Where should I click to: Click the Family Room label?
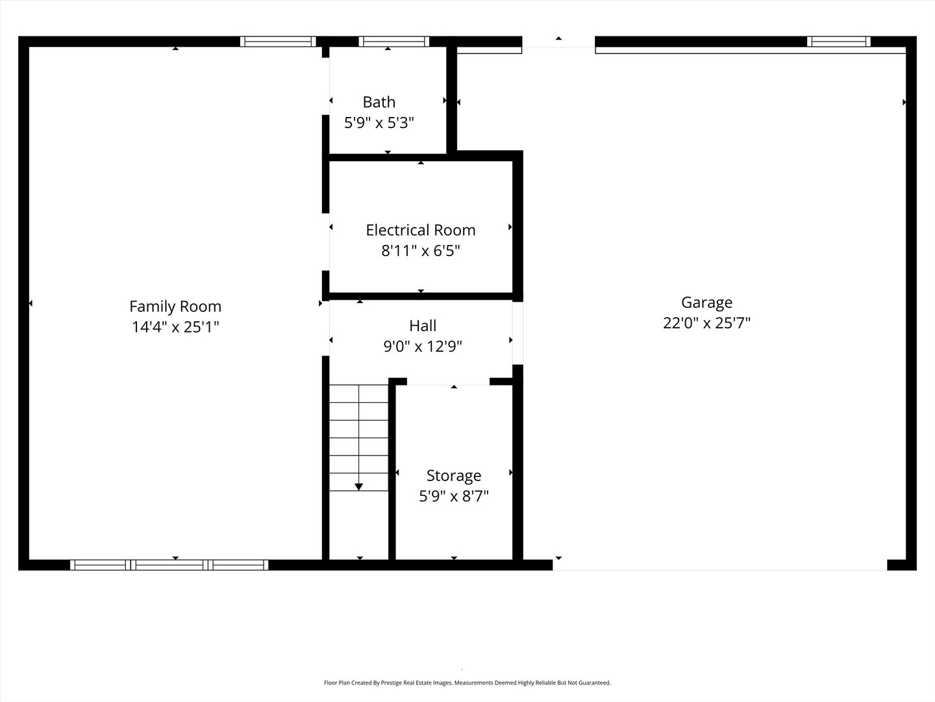pyautogui.click(x=175, y=306)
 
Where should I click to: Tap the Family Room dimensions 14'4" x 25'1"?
pyautogui.click(x=175, y=327)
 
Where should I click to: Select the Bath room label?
pyautogui.click(x=379, y=102)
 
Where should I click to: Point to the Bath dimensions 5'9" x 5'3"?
pyautogui.click(x=379, y=122)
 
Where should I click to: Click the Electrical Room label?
pyautogui.click(x=420, y=230)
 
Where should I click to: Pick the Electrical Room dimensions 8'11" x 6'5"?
pyautogui.click(x=420, y=250)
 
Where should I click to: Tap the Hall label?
pyautogui.click(x=423, y=326)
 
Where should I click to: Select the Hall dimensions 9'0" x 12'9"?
pyautogui.click(x=423, y=346)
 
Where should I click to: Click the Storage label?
pyautogui.click(x=453, y=476)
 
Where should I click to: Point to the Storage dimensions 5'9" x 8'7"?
pyautogui.click(x=453, y=497)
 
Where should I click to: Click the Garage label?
pyautogui.click(x=706, y=302)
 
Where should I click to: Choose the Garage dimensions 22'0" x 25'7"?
pyautogui.click(x=706, y=323)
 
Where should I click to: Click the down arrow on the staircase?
pyautogui.click(x=358, y=486)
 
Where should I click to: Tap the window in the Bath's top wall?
pyautogui.click(x=393, y=42)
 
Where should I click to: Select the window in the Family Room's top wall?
pyautogui.click(x=278, y=42)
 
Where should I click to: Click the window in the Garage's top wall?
pyautogui.click(x=838, y=42)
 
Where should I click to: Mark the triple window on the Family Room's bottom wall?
pyautogui.click(x=169, y=565)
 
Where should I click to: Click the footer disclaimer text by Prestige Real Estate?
pyautogui.click(x=467, y=683)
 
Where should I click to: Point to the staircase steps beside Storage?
pyautogui.click(x=358, y=437)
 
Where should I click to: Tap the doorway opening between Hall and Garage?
pyautogui.click(x=517, y=333)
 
